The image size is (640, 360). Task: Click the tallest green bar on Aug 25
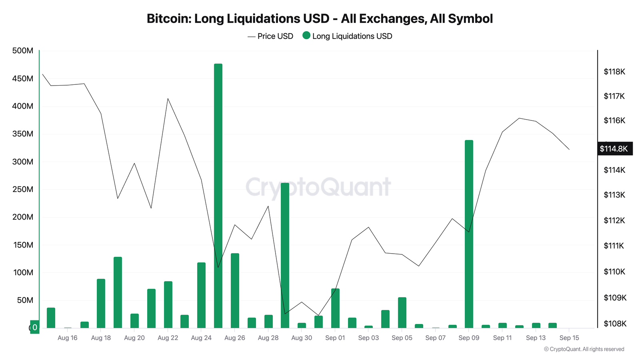point(218,196)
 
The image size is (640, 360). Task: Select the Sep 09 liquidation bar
point(469,234)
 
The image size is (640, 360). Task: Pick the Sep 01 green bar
point(335,308)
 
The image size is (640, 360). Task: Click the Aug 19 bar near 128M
point(118,292)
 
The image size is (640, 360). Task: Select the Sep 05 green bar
point(402,312)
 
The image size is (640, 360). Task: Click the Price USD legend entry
point(270,36)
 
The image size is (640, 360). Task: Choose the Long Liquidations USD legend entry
point(347,36)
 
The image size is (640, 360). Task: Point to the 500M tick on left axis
point(23,51)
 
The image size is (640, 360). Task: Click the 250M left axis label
point(23,189)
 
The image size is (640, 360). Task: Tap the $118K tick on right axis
point(614,72)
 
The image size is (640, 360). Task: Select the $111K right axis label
point(614,246)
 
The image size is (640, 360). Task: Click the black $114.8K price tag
point(614,149)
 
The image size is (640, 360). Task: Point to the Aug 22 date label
point(168,338)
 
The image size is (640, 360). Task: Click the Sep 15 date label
point(569,338)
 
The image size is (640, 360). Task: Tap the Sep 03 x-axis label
point(368,338)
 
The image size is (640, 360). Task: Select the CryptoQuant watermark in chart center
point(318,187)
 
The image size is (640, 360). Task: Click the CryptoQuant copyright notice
point(584,349)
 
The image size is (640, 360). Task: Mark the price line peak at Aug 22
point(168,98)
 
